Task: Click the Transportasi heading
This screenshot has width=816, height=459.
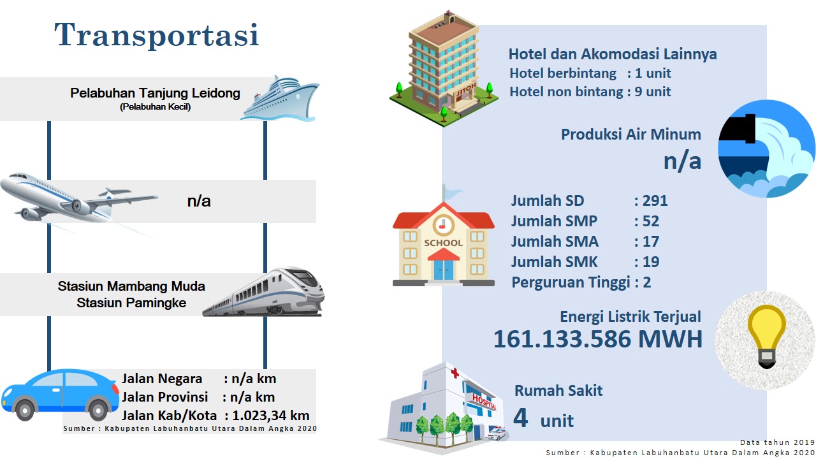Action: [157, 34]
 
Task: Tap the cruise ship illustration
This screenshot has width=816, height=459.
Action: [280, 98]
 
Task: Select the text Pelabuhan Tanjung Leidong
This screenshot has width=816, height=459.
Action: [155, 93]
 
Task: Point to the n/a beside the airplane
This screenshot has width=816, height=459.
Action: [199, 201]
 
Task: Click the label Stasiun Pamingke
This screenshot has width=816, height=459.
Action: [131, 303]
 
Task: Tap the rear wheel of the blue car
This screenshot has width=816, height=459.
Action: [98, 411]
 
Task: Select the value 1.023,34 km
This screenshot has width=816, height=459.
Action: [271, 416]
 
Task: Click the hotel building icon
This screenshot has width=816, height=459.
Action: [443, 69]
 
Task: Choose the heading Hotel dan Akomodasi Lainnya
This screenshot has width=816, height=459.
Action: [613, 54]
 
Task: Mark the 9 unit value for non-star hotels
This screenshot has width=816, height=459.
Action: [652, 92]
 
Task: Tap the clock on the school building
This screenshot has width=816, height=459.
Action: [443, 225]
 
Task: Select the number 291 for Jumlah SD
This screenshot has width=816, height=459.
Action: [655, 201]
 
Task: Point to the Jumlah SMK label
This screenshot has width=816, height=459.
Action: [554, 262]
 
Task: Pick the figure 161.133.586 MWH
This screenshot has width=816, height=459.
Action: [598, 339]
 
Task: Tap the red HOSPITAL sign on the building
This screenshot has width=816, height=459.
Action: [484, 402]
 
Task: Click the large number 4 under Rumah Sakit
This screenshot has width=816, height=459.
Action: [521, 418]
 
